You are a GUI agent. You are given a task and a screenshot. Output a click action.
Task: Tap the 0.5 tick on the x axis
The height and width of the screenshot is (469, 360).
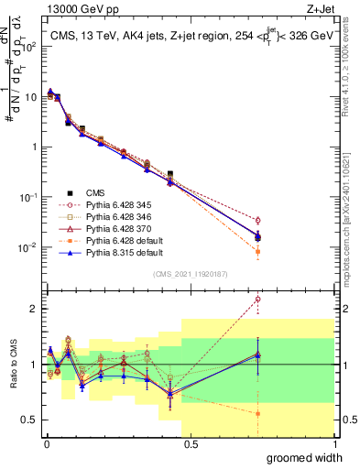[190, 443]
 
